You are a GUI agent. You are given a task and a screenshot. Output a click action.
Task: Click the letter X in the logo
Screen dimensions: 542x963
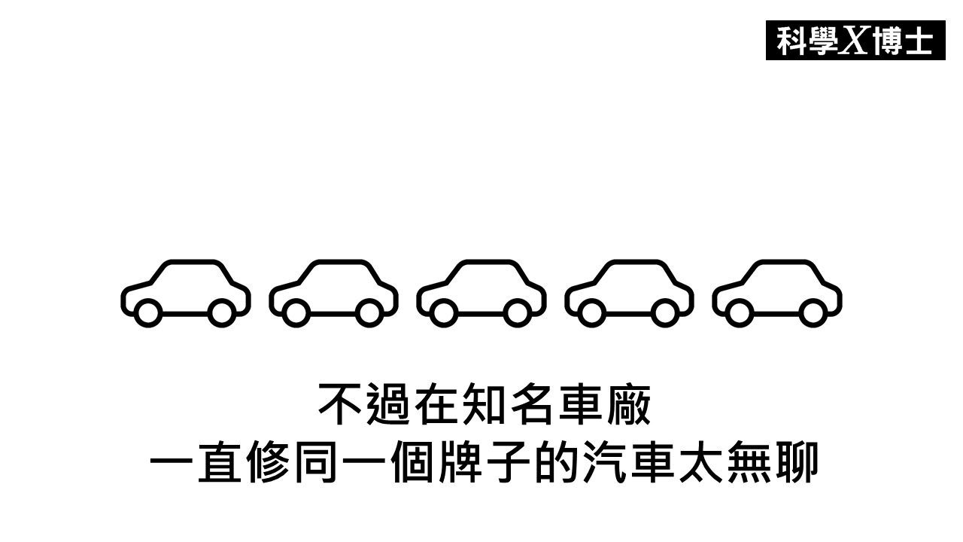pos(854,41)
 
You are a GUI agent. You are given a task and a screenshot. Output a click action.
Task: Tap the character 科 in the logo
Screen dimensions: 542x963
pos(792,41)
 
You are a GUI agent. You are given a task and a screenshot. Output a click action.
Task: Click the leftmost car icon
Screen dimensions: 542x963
pos(185,294)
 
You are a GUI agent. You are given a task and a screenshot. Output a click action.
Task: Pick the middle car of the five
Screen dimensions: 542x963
pos(481,294)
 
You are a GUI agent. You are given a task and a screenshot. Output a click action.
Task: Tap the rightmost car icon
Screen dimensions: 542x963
pos(777,294)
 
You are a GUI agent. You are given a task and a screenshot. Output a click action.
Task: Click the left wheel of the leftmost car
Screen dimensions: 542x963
pos(148,312)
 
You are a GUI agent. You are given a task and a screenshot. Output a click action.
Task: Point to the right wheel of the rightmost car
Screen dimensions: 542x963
pos(813,312)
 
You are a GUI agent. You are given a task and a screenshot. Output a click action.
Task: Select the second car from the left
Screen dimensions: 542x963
pos(333,294)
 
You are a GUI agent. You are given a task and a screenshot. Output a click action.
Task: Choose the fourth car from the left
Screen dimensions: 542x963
pos(630,294)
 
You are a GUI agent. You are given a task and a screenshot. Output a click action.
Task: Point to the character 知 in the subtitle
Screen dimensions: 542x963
pos(484,404)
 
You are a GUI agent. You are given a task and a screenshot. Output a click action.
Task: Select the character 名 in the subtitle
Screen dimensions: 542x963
pos(531,404)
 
